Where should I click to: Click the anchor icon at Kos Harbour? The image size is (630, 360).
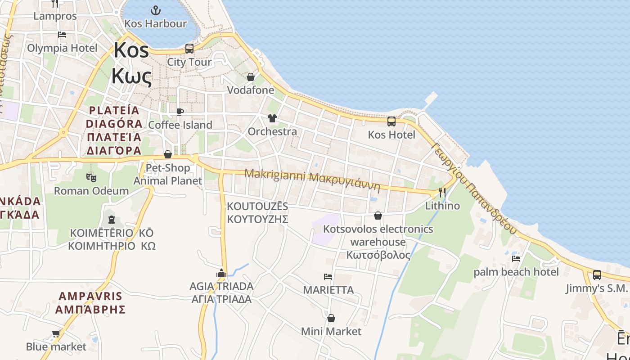(155, 10)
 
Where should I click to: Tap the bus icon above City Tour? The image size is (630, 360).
(189, 48)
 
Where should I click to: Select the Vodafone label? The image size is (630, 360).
(250, 90)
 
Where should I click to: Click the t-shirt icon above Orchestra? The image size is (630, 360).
(272, 118)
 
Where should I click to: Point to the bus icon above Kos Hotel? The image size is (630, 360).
(391, 121)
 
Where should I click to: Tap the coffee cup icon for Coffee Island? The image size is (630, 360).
(180, 112)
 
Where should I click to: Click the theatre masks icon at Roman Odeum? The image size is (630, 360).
(91, 177)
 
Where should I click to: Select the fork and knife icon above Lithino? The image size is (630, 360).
(442, 193)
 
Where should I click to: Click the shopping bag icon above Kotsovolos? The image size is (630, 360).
(378, 216)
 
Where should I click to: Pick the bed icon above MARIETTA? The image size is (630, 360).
(328, 276)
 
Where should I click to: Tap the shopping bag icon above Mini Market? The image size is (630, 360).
(331, 319)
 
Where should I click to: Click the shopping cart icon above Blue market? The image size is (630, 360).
(56, 333)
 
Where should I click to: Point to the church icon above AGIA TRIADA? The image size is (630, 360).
(221, 273)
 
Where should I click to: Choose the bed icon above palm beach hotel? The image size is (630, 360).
(516, 259)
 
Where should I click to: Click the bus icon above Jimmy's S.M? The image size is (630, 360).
(597, 274)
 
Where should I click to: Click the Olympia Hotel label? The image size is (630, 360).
(62, 48)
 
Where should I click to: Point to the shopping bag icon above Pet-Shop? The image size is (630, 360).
(168, 155)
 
